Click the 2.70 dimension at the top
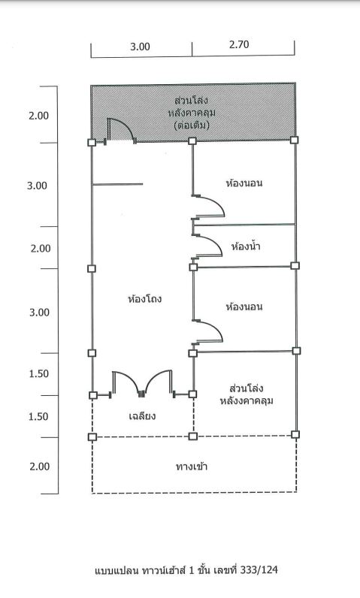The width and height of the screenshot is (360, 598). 239,44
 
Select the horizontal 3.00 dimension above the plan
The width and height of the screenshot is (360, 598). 140,47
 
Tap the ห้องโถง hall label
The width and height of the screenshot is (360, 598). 144,298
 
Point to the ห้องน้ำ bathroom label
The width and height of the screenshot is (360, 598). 246,246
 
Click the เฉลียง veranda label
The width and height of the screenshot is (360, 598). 142,415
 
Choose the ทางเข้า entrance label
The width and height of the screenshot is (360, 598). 192,467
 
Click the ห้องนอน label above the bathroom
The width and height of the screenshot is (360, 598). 244,183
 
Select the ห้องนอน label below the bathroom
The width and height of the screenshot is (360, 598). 244,307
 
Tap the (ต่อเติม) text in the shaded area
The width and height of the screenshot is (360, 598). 192,125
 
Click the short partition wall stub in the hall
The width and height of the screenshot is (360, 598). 118,184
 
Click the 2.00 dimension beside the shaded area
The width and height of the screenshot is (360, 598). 38,116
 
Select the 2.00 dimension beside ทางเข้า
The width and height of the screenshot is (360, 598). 40,466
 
